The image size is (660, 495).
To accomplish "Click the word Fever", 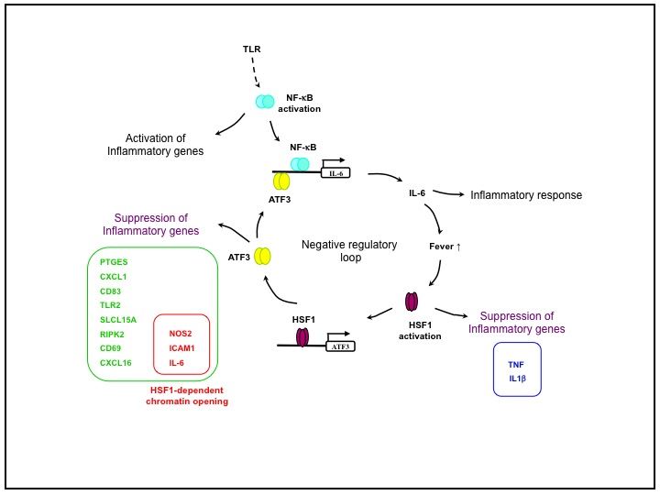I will [443, 247].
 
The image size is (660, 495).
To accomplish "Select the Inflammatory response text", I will [526, 195].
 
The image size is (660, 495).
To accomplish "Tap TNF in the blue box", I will [516, 363].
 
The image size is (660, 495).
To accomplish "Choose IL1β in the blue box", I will [517, 378].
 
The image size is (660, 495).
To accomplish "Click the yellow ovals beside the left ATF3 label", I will [263, 258].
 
